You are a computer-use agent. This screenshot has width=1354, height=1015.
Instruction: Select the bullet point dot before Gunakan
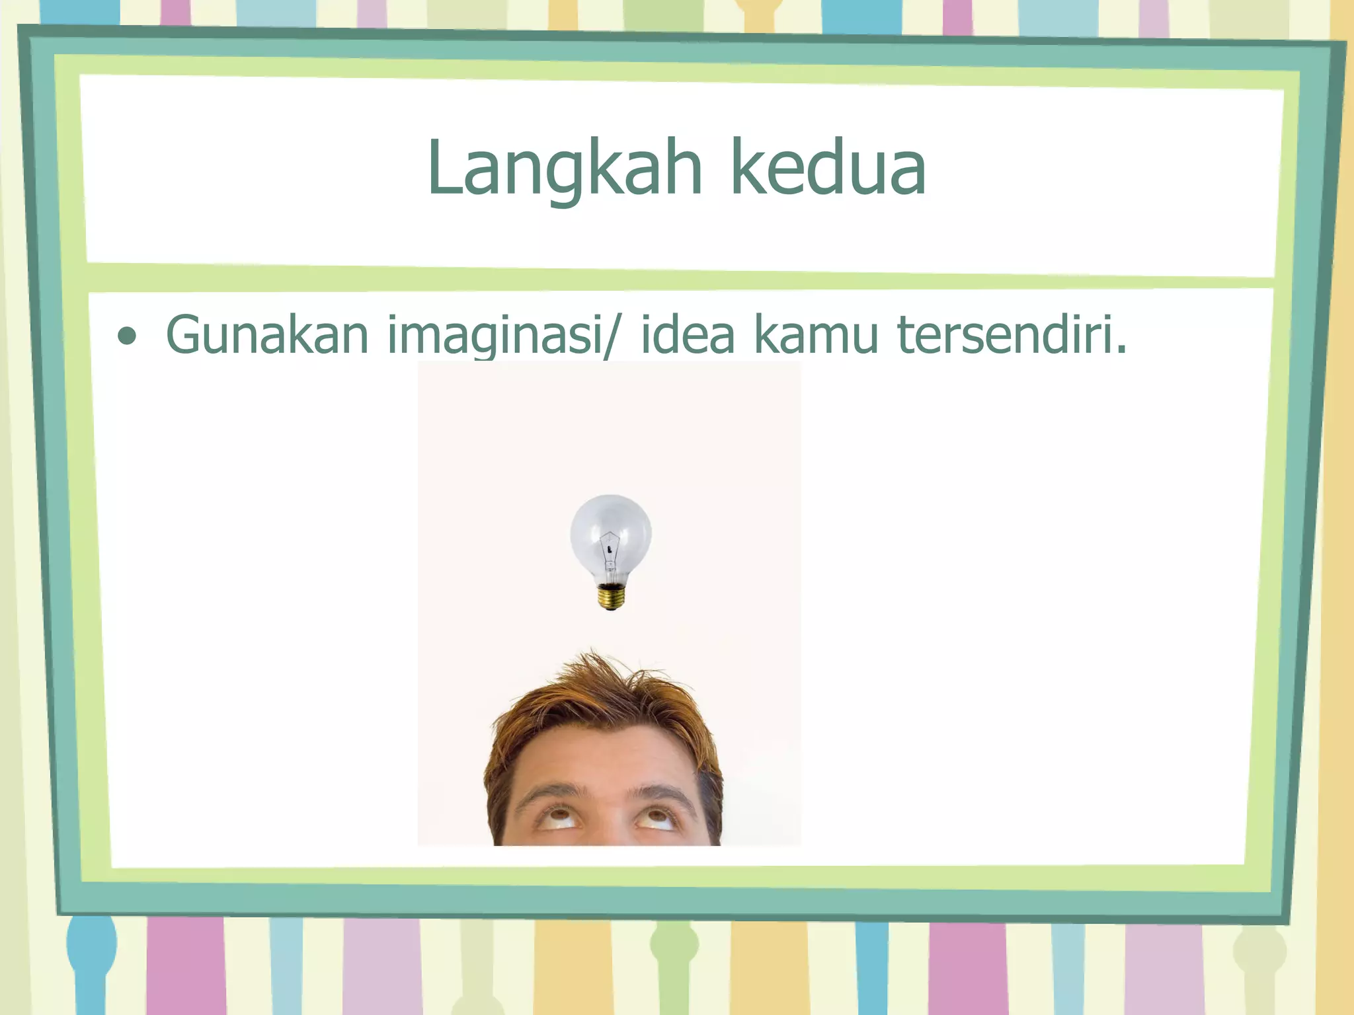tap(126, 336)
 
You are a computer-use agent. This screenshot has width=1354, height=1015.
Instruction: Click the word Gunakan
tap(266, 334)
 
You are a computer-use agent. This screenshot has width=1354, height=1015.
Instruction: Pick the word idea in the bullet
tap(688, 334)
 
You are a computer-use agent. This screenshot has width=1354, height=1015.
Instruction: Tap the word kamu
tap(816, 334)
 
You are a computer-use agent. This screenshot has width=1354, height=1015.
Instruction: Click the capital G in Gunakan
tap(182, 334)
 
